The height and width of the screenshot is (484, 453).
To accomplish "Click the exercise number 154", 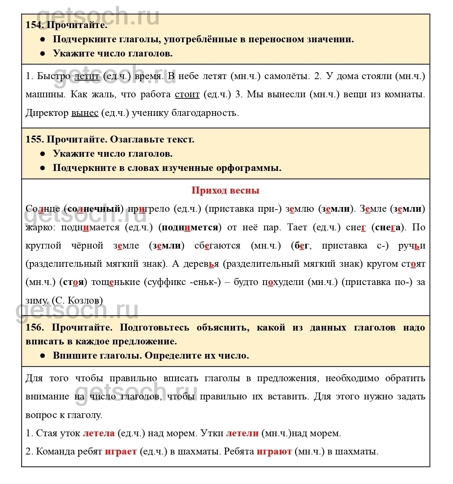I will [34, 25].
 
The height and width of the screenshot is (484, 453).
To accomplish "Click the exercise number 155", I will [34, 140].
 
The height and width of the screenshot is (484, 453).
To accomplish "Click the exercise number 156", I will [34, 327].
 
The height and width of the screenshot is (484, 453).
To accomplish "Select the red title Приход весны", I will [225, 190].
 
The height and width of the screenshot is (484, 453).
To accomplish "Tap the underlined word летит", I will [87, 76].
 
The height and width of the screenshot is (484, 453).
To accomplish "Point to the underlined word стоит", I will [187, 94].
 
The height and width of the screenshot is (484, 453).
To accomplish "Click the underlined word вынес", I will [85, 113].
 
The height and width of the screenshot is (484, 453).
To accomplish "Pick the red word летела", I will [99, 433].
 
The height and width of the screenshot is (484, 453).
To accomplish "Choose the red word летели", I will [242, 433].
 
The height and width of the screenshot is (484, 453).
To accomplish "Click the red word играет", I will [121, 452].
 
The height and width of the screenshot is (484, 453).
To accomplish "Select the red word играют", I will [274, 452].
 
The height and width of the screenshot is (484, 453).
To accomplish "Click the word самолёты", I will [287, 76].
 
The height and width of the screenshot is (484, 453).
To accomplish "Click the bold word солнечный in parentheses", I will [94, 209].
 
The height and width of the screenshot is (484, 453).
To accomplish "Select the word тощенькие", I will [116, 282].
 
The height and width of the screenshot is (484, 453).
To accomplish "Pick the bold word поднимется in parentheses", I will [190, 227].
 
